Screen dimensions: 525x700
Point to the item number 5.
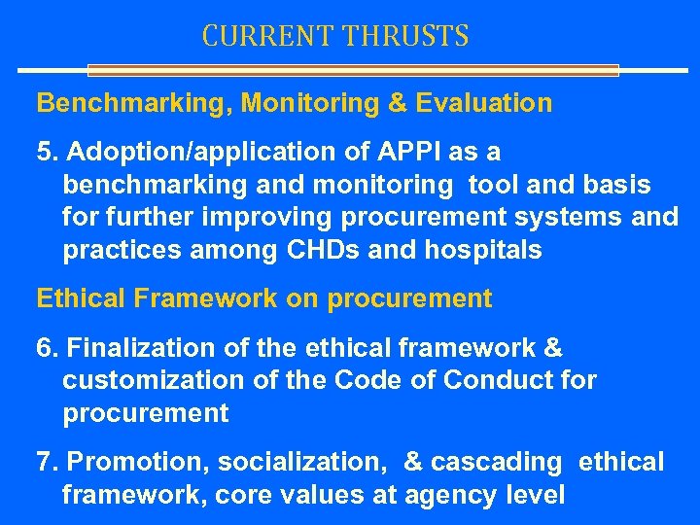click(43, 154)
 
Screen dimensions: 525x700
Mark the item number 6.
click(43, 348)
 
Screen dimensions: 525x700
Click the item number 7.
click(43, 463)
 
